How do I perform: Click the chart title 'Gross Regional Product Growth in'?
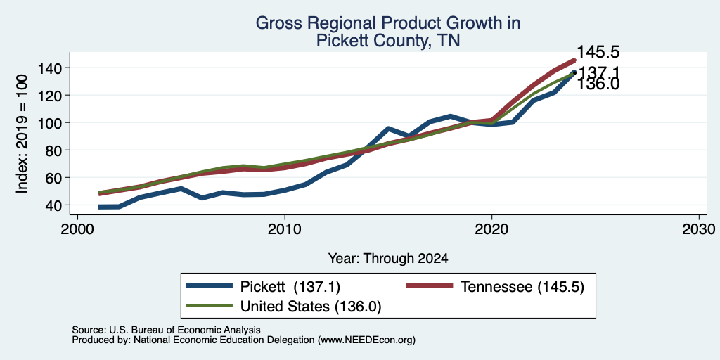pyautogui.click(x=388, y=23)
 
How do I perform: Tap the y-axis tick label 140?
pyautogui.click(x=49, y=68)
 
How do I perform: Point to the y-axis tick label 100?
pyautogui.click(x=49, y=122)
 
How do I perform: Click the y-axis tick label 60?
pyautogui.click(x=53, y=177)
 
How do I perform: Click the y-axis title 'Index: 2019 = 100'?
pyautogui.click(x=22, y=134)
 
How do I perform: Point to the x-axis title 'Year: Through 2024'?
pyautogui.click(x=388, y=259)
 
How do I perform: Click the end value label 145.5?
pyautogui.click(x=598, y=52)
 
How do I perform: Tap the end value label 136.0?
pyautogui.click(x=598, y=84)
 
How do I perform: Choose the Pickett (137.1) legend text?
pyautogui.click(x=290, y=287)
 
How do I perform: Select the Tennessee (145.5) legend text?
pyautogui.click(x=522, y=287)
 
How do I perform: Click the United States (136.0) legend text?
pyautogui.click(x=311, y=307)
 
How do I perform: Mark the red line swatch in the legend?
pyautogui.click(x=430, y=286)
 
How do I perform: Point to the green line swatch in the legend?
pyautogui.click(x=208, y=306)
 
